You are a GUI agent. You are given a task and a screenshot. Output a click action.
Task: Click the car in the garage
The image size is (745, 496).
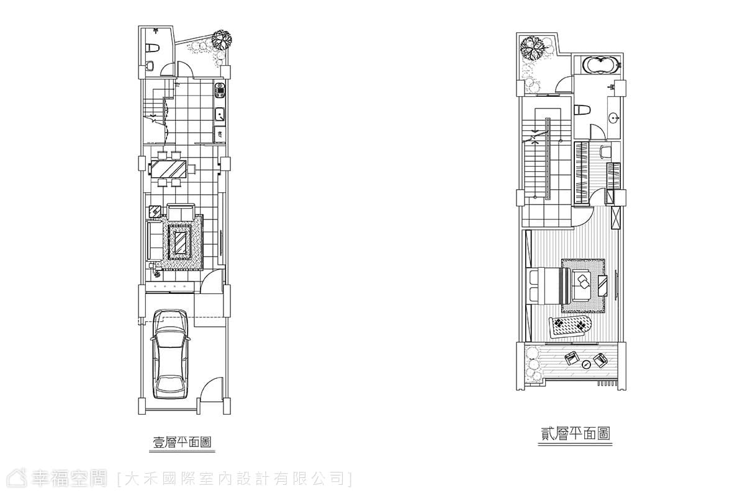[x=170, y=354]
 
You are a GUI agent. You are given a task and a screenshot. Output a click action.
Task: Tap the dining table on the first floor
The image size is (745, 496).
[x=168, y=169]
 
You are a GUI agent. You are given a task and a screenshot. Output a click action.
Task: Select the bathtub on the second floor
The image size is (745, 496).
[x=601, y=66]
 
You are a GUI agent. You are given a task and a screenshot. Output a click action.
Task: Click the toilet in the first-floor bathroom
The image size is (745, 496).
[x=152, y=48]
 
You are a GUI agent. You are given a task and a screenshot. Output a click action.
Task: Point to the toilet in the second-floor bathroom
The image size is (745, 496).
[x=582, y=109]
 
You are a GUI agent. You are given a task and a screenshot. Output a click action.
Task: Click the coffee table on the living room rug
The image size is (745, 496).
[x=180, y=242]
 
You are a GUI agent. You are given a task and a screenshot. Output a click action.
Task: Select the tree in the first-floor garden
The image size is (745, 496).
[x=222, y=40]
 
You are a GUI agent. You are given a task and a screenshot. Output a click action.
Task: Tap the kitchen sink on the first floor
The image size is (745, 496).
[x=220, y=115]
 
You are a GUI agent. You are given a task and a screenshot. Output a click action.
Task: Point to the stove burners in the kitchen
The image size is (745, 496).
[x=220, y=90]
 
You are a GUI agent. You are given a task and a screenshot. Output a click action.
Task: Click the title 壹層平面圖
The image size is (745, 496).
[x=182, y=443]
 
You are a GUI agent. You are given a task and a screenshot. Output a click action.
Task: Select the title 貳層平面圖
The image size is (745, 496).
[x=575, y=434]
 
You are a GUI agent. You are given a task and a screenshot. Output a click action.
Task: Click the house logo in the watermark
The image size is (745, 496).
[x=17, y=478]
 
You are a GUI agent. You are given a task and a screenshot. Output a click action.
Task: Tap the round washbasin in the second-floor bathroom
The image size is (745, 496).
[x=613, y=117]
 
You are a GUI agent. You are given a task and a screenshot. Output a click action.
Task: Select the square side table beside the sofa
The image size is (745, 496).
[x=155, y=211]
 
